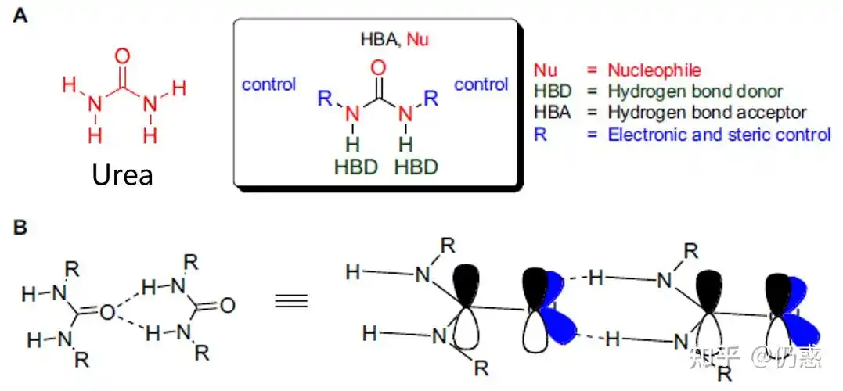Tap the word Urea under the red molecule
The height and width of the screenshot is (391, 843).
pos(123,174)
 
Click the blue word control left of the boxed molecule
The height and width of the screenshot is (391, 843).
pos(268,84)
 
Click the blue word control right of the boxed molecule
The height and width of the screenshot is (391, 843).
pos(481,84)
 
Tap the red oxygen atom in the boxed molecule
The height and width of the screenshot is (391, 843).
pos(379,67)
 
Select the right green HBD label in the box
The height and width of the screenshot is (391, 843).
pos(416,167)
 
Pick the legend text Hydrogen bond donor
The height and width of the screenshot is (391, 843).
pos(695,91)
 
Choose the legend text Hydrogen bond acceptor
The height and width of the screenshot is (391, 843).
pos(706,113)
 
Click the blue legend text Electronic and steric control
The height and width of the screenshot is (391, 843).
pos(719,135)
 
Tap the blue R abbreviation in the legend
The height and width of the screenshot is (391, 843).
pos(539,135)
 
